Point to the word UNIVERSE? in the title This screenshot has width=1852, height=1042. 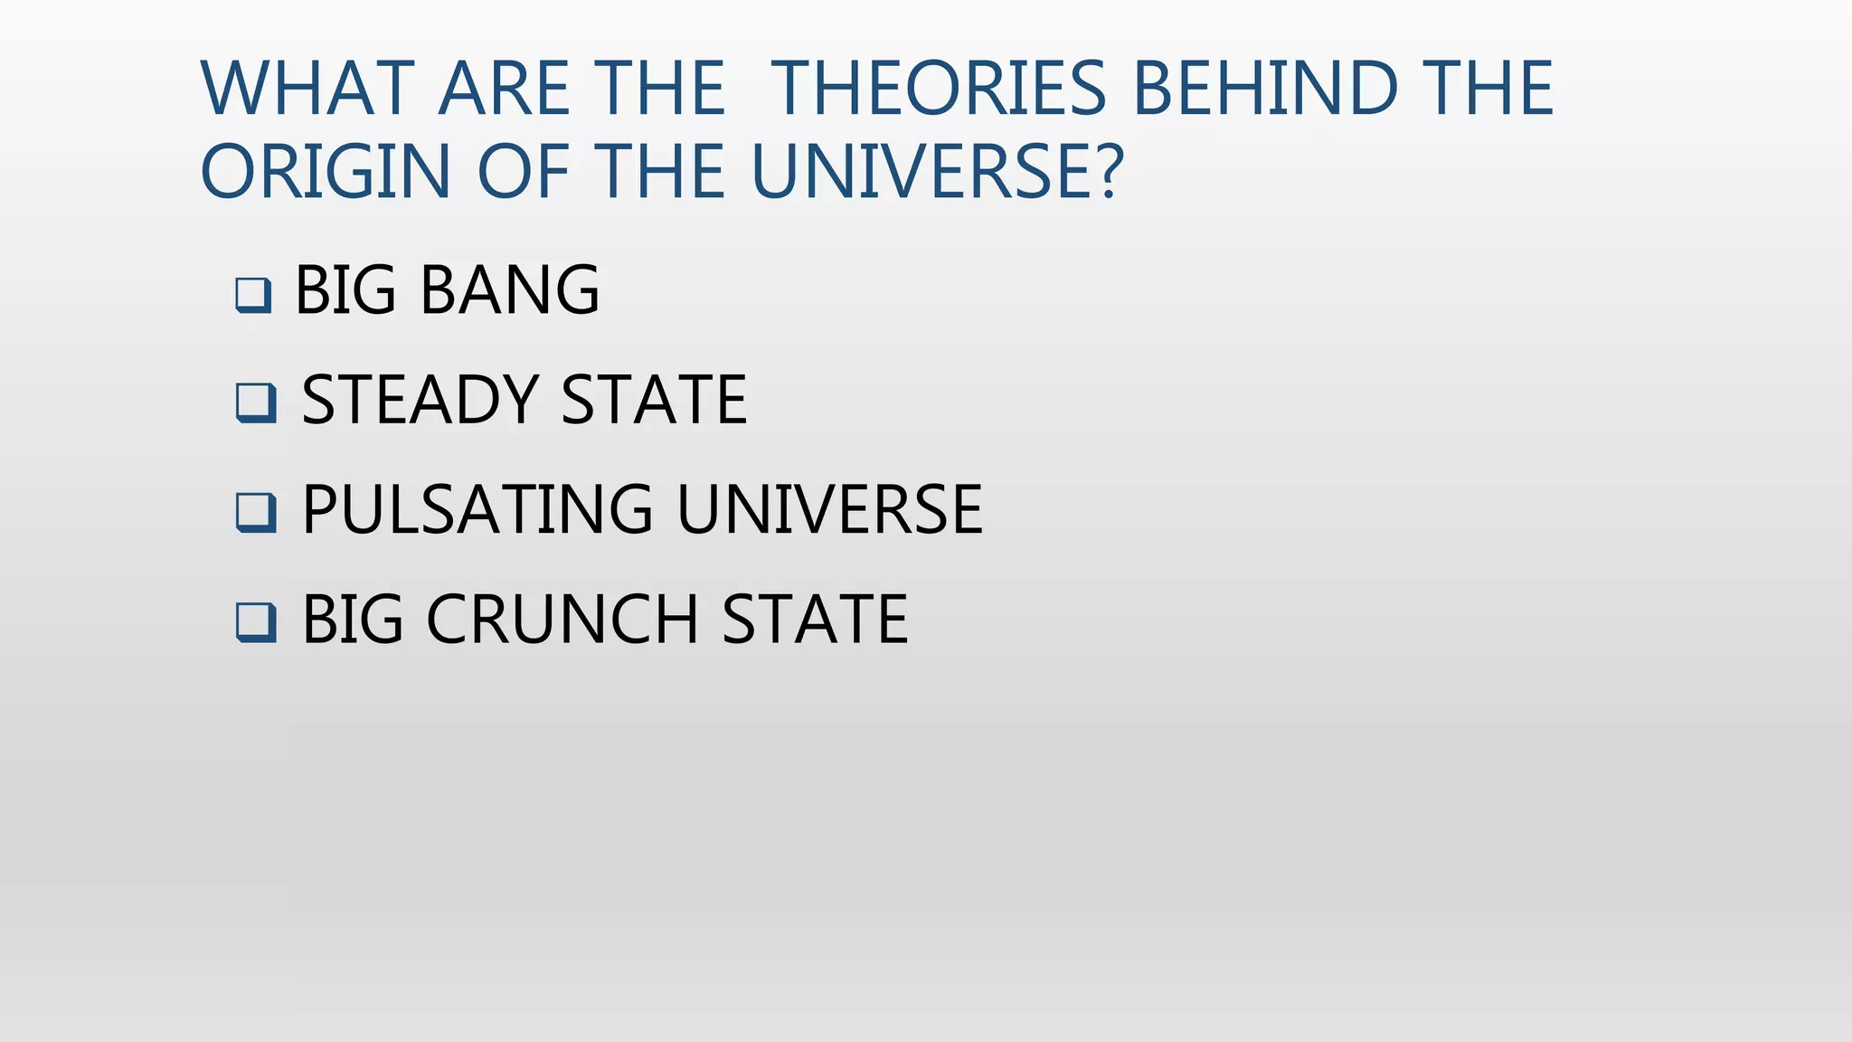(x=937, y=172)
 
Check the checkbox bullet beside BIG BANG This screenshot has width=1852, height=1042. (x=253, y=295)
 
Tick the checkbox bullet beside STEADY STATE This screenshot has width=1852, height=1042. (x=256, y=403)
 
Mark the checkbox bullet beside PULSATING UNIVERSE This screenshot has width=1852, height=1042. (x=256, y=512)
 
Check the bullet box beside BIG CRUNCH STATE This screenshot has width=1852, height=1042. (x=256, y=622)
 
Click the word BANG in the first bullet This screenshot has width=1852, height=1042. (x=509, y=290)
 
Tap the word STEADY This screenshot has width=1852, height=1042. (x=420, y=400)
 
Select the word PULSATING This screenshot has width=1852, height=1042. (x=477, y=510)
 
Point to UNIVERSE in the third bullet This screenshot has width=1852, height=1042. (x=829, y=510)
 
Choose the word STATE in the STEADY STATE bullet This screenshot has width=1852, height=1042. (x=654, y=400)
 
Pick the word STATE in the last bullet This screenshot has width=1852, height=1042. (x=815, y=620)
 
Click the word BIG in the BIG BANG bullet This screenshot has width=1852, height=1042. (x=346, y=290)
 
